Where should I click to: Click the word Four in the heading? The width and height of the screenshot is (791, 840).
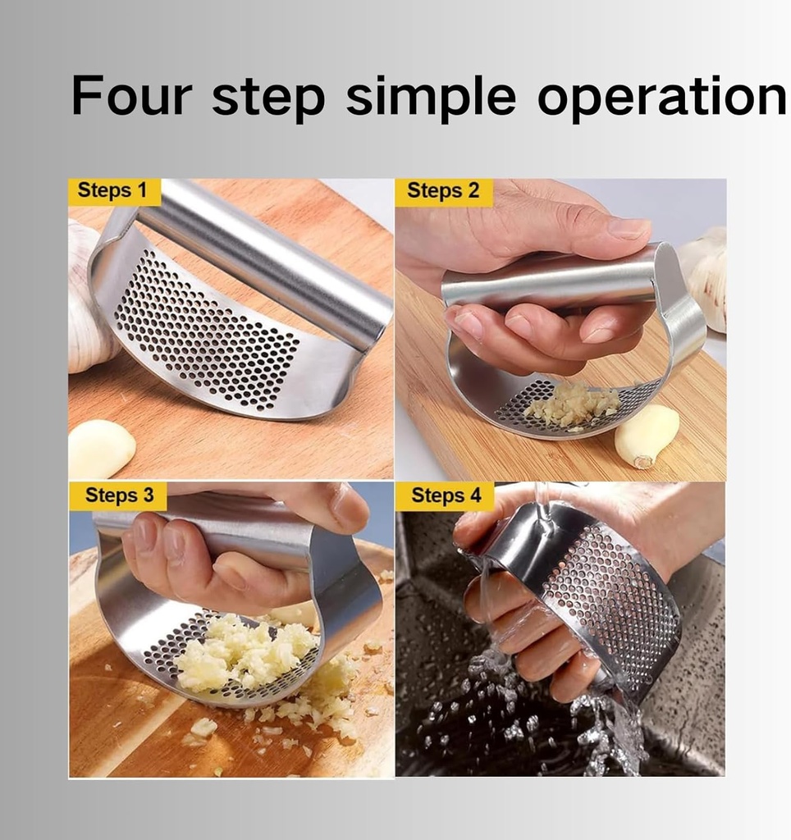point(131,95)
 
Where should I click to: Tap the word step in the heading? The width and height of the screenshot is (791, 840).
point(268,98)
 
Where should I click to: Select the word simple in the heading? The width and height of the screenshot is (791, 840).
point(431,98)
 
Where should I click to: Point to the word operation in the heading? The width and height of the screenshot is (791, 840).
point(662,98)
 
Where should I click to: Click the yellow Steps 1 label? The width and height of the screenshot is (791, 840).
point(114,191)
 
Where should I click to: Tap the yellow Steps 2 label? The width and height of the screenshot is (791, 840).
point(443,192)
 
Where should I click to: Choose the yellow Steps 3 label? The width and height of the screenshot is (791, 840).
point(118,495)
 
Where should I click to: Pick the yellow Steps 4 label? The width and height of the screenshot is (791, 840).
point(446,495)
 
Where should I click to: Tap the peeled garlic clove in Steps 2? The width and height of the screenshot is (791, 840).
point(647,436)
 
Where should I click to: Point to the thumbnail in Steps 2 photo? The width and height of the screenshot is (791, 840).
point(627,229)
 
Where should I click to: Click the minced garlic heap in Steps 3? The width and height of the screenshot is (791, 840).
point(246,654)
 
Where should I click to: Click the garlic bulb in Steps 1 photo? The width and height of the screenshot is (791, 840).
point(91,297)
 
